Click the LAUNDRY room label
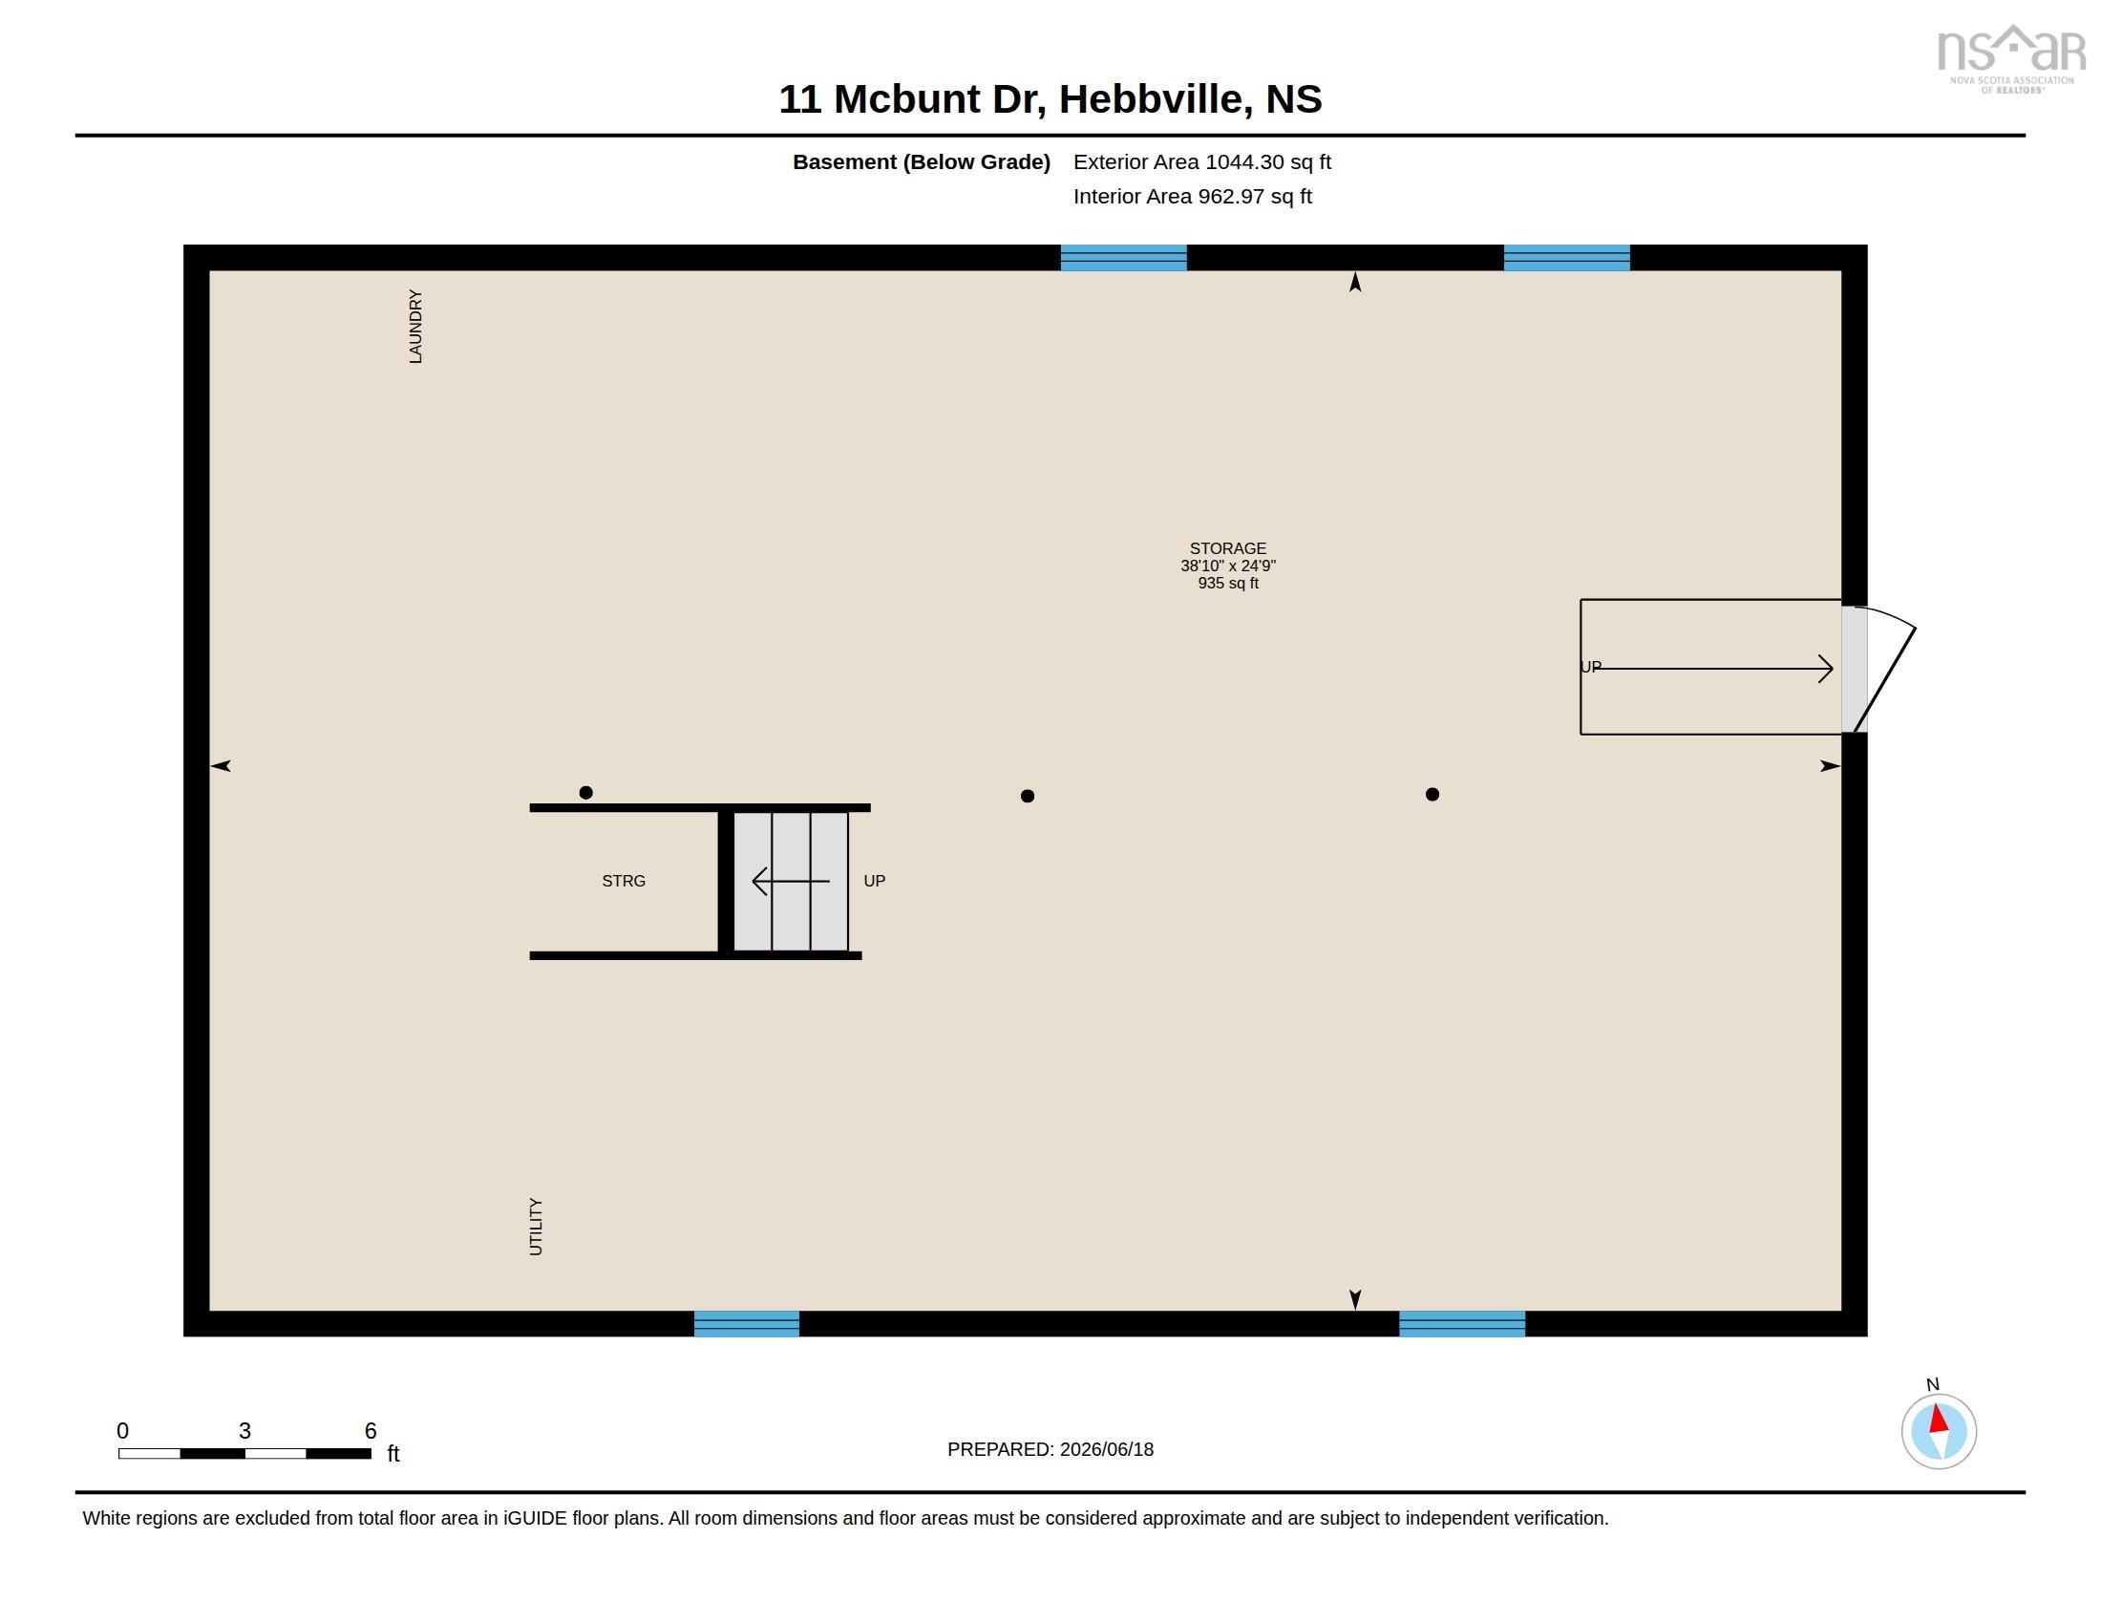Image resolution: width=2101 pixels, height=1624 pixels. tap(415, 326)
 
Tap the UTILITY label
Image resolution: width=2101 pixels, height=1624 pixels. tap(536, 1227)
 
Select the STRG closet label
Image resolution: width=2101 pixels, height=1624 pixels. tap(624, 882)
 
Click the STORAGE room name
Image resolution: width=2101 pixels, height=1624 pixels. tap(1227, 548)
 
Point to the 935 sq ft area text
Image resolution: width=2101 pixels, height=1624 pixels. tap(1227, 583)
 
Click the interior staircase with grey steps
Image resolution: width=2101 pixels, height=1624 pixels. tap(791, 882)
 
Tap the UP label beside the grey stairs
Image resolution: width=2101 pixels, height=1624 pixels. tap(875, 882)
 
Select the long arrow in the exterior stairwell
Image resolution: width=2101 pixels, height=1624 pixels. tap(1713, 669)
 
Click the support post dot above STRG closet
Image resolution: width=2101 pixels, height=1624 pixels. tap(585, 793)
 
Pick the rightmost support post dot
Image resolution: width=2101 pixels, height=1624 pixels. tap(1432, 795)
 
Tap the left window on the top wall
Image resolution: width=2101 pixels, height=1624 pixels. tap(1124, 258)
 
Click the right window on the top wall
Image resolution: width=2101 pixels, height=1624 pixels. tap(1567, 258)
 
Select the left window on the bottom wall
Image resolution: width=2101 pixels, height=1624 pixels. tap(747, 1324)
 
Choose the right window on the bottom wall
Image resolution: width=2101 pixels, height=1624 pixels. tap(1462, 1324)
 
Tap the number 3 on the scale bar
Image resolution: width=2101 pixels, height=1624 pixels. tap(245, 1431)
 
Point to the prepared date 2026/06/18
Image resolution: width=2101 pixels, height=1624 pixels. tap(1106, 1449)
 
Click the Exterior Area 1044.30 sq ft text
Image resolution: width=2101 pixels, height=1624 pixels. tap(1202, 162)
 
